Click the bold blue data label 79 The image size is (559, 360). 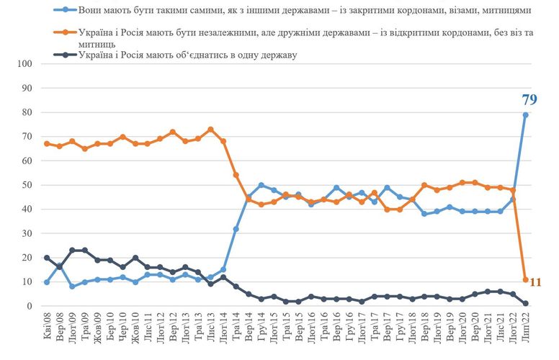tap(529, 100)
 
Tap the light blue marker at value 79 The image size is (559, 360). tap(526, 114)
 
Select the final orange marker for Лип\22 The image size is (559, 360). tap(526, 279)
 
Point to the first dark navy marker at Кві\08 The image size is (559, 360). tap(47, 258)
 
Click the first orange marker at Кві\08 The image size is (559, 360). tap(47, 143)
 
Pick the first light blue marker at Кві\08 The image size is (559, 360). tap(47, 282)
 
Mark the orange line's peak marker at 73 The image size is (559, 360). tap(210, 129)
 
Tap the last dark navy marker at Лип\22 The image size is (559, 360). tap(526, 304)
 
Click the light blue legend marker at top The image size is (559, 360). tap(66, 11)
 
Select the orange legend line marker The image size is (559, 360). tap(66, 34)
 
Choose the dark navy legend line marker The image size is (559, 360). tap(66, 55)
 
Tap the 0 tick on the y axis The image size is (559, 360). tap(30, 307)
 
